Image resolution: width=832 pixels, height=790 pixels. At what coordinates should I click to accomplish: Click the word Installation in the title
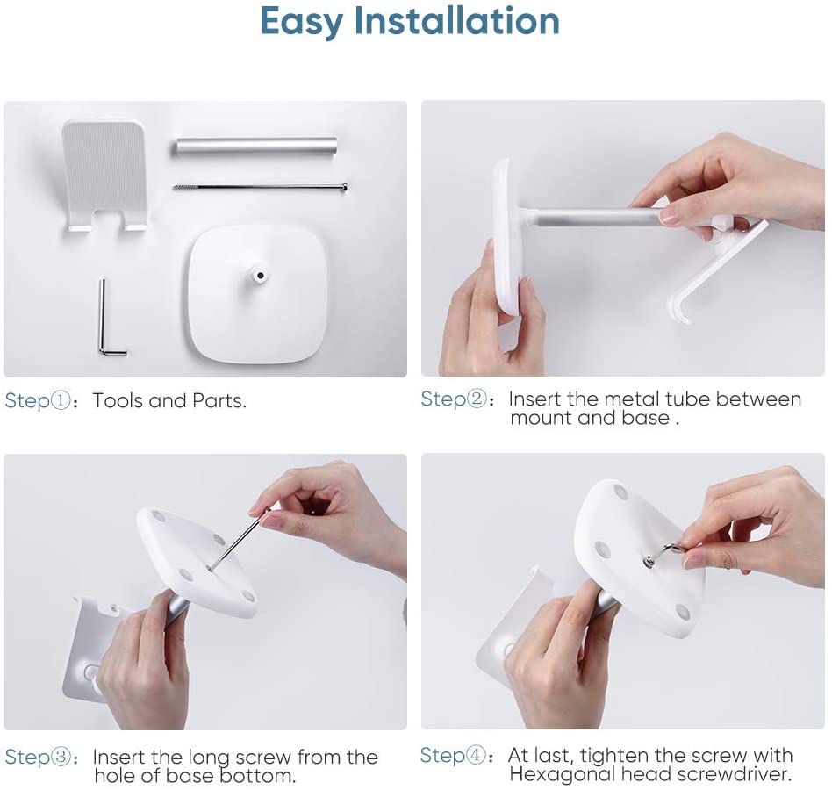pos(457,21)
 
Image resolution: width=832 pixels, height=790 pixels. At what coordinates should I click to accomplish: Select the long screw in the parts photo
pos(261,187)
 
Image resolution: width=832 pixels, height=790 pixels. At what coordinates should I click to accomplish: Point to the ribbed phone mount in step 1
pos(104,176)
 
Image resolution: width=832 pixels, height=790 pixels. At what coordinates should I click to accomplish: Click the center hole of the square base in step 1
pos(261,276)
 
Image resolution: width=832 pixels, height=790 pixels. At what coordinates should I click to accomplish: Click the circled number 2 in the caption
pos(477,399)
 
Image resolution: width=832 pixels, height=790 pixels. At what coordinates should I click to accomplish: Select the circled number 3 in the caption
pos(61,757)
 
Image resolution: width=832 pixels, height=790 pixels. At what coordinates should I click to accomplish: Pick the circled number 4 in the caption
pos(476,755)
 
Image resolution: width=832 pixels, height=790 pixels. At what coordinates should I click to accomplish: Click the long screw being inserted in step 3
pos(238,539)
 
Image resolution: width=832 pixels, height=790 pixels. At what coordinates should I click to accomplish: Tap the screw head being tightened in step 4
pos(649,560)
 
